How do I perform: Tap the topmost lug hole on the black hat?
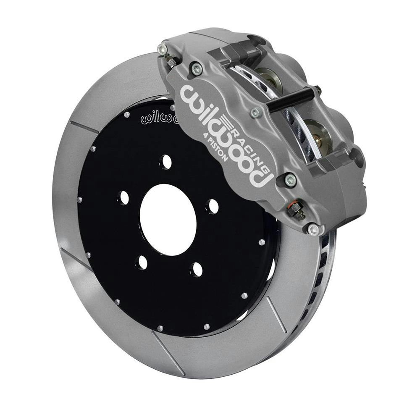click(x=166, y=162)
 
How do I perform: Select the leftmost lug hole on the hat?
click(x=124, y=197)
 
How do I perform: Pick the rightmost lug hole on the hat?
click(x=213, y=206)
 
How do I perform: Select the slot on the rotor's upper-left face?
click(x=84, y=126)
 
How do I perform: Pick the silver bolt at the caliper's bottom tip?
click(x=313, y=229)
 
